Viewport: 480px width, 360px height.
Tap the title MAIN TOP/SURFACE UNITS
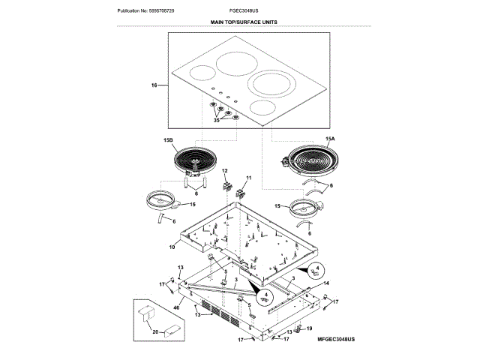tap(243, 23)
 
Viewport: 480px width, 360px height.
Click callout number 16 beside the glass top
tap(154, 86)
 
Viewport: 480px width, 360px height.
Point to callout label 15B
tap(168, 139)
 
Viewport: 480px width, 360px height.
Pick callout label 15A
tap(331, 139)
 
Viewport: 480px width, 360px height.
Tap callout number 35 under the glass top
tap(217, 120)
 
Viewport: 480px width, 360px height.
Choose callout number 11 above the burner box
tap(249, 178)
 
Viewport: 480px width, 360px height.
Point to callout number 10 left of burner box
tap(171, 246)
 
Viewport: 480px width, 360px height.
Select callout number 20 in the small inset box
tap(155, 331)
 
